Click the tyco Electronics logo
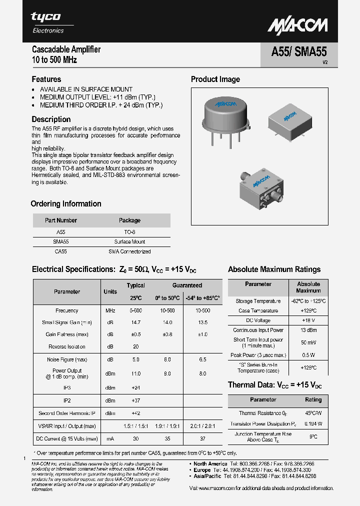coord(47,22)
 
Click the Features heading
coord(46,79)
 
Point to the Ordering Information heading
coord(66,204)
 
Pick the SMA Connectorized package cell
coord(129,251)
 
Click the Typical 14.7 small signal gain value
coord(135,322)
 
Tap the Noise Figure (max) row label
coord(67,359)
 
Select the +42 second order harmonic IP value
coord(135,413)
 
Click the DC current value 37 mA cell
coord(202,439)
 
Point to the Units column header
coord(110,291)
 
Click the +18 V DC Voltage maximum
coord(308,320)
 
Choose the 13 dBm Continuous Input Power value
coord(308,330)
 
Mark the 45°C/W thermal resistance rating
coord(313,413)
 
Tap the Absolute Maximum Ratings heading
coord(274,269)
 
